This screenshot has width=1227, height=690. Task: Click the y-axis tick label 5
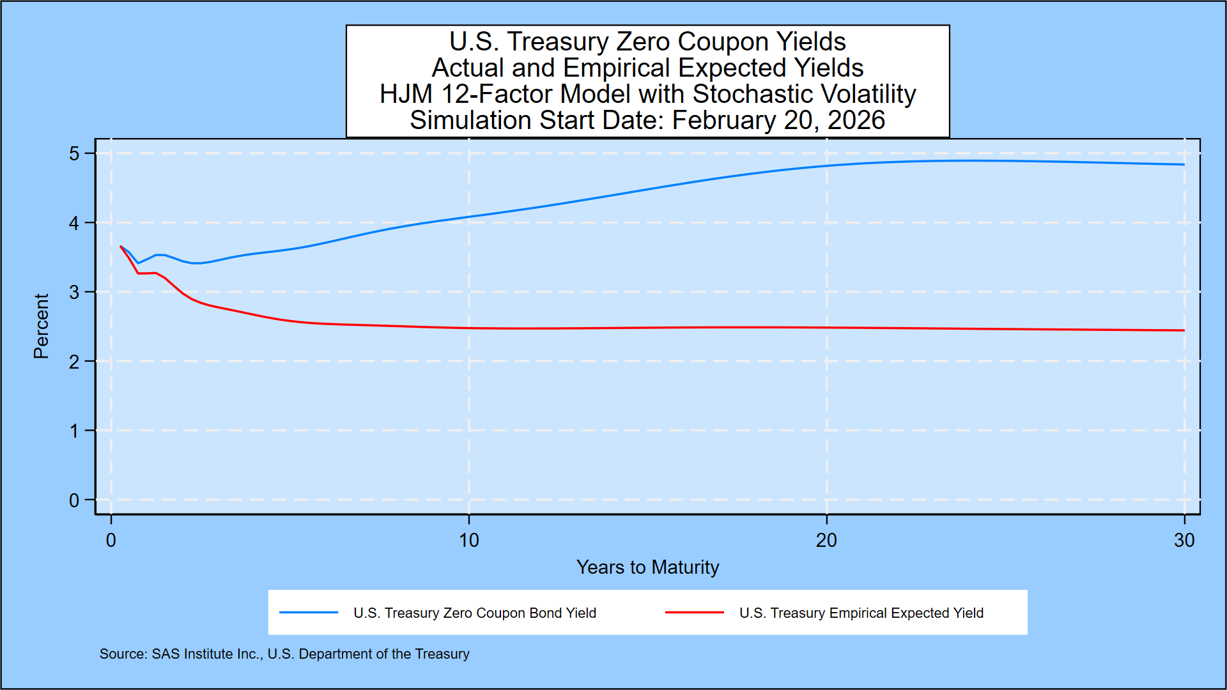click(74, 154)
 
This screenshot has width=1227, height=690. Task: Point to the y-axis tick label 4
click(74, 223)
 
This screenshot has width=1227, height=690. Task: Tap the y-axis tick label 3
click(74, 293)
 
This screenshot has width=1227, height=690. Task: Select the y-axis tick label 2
click(74, 362)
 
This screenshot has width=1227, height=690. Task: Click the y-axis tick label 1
click(74, 431)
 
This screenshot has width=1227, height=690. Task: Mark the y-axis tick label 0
click(74, 500)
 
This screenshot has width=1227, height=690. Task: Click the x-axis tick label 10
click(468, 540)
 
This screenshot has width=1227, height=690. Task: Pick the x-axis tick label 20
click(826, 540)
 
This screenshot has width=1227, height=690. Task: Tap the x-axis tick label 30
click(1184, 540)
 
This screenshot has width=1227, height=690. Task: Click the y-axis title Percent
click(42, 326)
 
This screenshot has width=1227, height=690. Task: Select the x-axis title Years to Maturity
click(647, 567)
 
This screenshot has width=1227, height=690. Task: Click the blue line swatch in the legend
click(309, 613)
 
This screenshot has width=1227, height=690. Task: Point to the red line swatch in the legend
click(694, 613)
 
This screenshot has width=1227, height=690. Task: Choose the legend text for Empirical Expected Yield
click(861, 613)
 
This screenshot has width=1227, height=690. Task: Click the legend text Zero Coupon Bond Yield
click(474, 613)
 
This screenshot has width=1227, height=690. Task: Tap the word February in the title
click(723, 120)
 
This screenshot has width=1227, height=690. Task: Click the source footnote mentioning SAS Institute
click(284, 654)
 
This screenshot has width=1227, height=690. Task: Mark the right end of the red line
click(1184, 330)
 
